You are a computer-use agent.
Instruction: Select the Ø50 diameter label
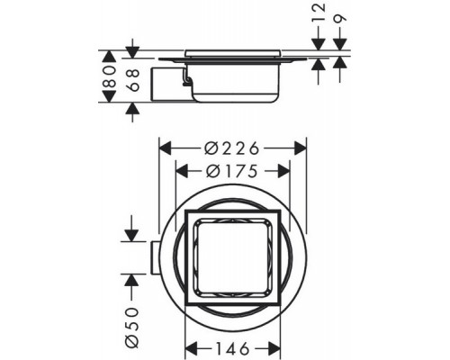pyautogui.click(x=130, y=320)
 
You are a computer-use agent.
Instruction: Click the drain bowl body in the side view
pyautogui.click(x=234, y=85)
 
